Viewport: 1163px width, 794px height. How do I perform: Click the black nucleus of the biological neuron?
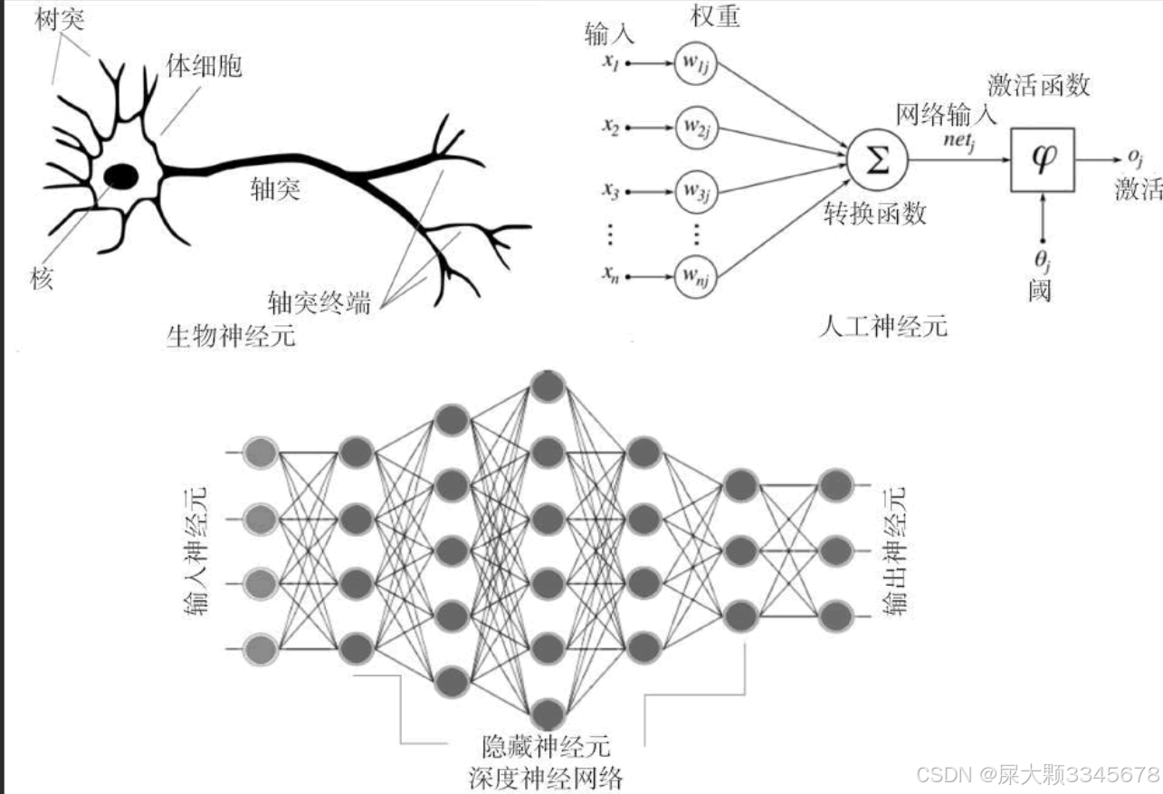[119, 175]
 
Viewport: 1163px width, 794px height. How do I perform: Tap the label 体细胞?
[204, 64]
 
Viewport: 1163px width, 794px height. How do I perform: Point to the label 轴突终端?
[319, 301]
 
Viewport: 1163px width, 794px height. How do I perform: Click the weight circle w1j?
[695, 63]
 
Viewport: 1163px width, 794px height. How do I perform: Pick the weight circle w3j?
[695, 191]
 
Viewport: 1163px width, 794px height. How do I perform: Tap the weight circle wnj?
[695, 277]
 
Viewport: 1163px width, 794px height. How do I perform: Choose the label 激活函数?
[1039, 86]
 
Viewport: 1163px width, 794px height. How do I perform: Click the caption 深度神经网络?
[547, 777]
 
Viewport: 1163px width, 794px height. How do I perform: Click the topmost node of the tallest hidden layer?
[547, 387]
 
